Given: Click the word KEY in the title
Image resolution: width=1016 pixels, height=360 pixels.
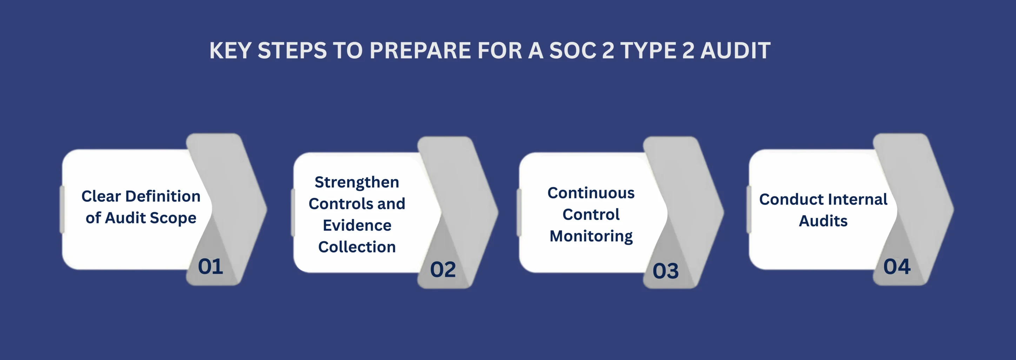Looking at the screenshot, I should click(230, 51).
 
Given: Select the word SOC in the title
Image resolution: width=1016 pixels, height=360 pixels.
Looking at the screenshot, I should click(573, 51).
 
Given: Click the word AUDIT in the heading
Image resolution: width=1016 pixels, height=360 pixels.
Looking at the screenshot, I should click(735, 51).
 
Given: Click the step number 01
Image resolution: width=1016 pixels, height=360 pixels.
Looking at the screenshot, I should click(210, 267).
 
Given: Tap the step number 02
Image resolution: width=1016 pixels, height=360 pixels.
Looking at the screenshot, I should click(443, 270).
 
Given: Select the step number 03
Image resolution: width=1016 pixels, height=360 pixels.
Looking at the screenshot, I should click(665, 271).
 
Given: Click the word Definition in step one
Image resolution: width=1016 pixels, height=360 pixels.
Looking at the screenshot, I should click(163, 196).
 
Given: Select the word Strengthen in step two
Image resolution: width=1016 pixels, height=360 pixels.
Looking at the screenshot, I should click(357, 182).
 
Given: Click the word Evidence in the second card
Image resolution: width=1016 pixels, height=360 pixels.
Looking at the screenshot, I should click(357, 225).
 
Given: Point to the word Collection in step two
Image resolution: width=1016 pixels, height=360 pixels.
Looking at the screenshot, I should click(357, 247).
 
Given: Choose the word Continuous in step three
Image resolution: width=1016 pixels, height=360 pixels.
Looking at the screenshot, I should click(591, 193).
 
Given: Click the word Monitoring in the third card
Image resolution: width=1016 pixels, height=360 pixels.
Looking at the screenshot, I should click(591, 236).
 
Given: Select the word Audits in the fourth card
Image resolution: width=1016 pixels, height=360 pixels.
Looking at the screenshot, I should click(823, 221).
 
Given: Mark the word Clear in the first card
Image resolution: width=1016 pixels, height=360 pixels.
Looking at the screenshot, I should click(101, 196).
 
